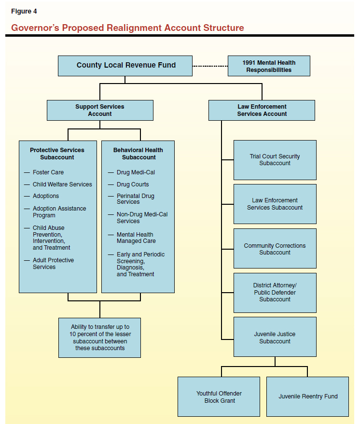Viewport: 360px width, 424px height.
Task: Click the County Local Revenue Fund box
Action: tap(125, 66)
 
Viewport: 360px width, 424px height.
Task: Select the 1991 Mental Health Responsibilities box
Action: tap(269, 66)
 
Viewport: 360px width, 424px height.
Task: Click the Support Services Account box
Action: tap(100, 110)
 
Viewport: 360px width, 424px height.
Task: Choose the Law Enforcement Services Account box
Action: tap(262, 110)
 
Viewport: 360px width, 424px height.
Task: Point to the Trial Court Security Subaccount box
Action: tap(275, 160)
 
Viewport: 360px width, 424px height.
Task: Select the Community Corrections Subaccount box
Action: tap(275, 249)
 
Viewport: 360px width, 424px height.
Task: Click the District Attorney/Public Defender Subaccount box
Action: tap(275, 293)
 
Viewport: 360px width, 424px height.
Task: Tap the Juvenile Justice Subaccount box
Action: tap(275, 337)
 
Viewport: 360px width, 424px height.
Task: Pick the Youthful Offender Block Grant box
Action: tap(219, 397)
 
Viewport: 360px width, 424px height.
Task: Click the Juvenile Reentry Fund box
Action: tap(307, 396)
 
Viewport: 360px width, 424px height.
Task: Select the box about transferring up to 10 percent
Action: tap(100, 338)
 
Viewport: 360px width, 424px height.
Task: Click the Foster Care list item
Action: tap(48, 172)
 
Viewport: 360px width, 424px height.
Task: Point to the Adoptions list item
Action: tap(46, 196)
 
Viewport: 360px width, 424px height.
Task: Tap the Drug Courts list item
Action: tap(133, 184)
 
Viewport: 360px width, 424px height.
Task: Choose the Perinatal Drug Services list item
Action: tap(135, 199)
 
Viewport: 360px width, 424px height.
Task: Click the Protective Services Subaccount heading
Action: tap(57, 154)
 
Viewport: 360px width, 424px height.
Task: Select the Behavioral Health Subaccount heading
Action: tap(138, 154)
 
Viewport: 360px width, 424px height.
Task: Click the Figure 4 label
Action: tap(24, 11)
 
